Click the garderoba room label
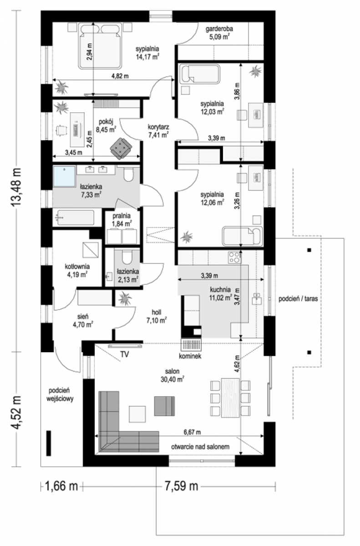pyautogui.click(x=219, y=29)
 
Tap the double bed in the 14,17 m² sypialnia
pyautogui.click(x=100, y=45)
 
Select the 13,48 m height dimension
pyautogui.click(x=16, y=187)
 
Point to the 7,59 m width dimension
pyautogui.click(x=181, y=486)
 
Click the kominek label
pyautogui.click(x=190, y=356)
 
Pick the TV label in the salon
pyautogui.click(x=124, y=354)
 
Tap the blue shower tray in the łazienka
pyautogui.click(x=64, y=177)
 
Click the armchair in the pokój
pyautogui.click(x=121, y=148)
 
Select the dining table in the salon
pyautogui.click(x=230, y=398)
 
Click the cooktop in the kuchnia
pyautogui.click(x=234, y=258)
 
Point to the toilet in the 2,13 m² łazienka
pyautogui.click(x=127, y=257)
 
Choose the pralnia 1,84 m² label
pyautogui.click(x=122, y=220)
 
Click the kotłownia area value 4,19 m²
pyautogui.click(x=77, y=275)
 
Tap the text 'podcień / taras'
pyautogui.click(x=298, y=298)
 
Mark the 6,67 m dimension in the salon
pyautogui.click(x=192, y=432)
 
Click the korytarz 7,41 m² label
pyautogui.click(x=158, y=131)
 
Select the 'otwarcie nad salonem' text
pyautogui.click(x=200, y=446)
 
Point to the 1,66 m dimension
pyautogui.click(x=61, y=486)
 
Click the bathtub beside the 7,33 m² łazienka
pyautogui.click(x=75, y=217)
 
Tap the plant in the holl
pyautogui.click(x=125, y=298)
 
